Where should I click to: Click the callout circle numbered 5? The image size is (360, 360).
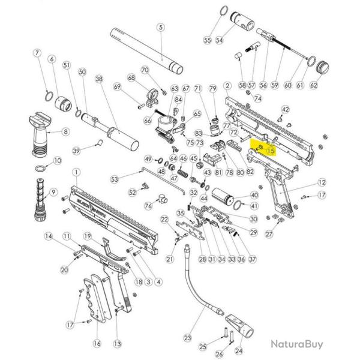click(x=160, y=27)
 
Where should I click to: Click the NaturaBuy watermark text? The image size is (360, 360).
click(x=296, y=344)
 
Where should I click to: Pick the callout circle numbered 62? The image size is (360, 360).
click(x=313, y=86)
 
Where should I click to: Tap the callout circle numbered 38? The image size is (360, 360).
click(x=99, y=79)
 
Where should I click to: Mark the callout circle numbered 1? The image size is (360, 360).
click(x=76, y=172)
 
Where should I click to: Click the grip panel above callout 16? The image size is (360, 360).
click(x=96, y=297)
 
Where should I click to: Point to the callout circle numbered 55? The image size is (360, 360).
click(x=207, y=40)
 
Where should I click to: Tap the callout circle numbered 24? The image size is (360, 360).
click(x=239, y=350)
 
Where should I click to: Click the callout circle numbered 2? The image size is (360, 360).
click(x=227, y=86)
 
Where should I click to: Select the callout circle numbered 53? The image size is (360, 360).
click(x=114, y=178)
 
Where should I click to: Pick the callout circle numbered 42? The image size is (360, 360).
click(x=285, y=109)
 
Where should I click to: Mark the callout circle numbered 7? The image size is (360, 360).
click(x=37, y=53)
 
